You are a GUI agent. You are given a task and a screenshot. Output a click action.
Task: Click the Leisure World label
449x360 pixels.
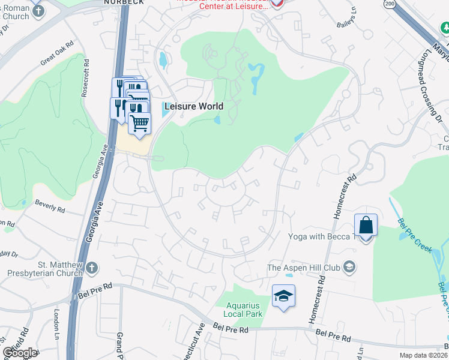coord(193,106)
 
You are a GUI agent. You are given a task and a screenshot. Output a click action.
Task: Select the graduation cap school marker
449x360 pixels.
coord(283,296)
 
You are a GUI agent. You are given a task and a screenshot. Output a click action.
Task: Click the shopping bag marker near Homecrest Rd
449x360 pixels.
coord(366,226)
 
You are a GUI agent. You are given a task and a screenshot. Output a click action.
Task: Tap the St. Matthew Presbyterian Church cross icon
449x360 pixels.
coord(91,267)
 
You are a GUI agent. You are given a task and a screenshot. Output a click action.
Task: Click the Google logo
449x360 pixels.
coord(19,353)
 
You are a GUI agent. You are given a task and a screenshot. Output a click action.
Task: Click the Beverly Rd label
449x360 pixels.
coord(50,207)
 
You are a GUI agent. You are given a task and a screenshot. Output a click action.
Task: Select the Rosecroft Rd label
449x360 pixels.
coord(86,77)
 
